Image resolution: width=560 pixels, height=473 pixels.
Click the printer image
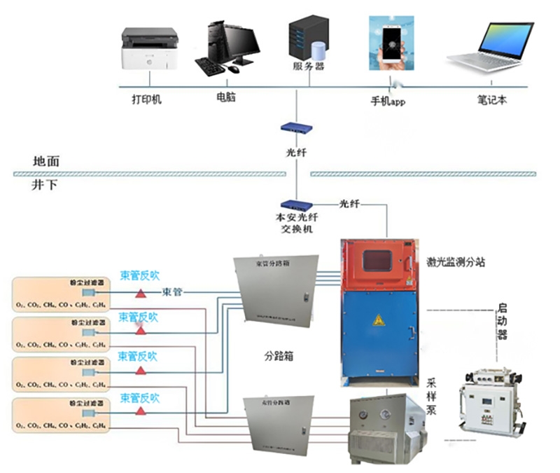pyautogui.click(x=149, y=49)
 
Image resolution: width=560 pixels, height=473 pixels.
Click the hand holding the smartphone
pyautogui.click(x=391, y=46)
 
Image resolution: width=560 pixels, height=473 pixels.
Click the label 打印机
pyautogui.click(x=146, y=100)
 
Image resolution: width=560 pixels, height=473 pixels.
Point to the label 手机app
pyautogui.click(x=388, y=100)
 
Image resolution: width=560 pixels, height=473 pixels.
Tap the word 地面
pyautogui.click(x=45, y=161)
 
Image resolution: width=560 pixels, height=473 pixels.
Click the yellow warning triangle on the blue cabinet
pyautogui.click(x=379, y=321)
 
